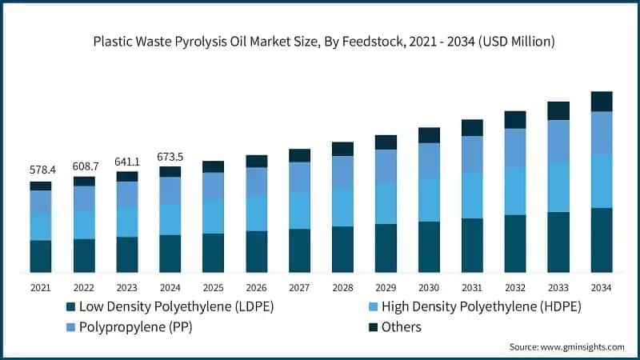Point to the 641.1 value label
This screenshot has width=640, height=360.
pyautogui.click(x=126, y=161)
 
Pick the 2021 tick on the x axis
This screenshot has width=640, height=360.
pyautogui.click(x=40, y=287)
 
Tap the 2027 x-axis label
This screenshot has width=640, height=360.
pyautogui.click(x=299, y=287)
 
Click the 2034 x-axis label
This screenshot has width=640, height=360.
pyautogui.click(x=601, y=287)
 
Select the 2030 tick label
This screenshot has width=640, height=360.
pyautogui.click(x=429, y=287)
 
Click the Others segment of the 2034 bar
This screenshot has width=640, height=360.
pyautogui.click(x=601, y=101)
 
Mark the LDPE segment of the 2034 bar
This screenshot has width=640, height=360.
pyautogui.click(x=601, y=240)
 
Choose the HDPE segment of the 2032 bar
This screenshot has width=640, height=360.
pyautogui.click(x=515, y=190)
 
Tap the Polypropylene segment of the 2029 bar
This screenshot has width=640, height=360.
pyautogui.click(x=386, y=166)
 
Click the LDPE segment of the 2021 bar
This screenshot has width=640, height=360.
pyautogui.click(x=40, y=256)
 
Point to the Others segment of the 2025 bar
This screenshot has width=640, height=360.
pyautogui.click(x=213, y=166)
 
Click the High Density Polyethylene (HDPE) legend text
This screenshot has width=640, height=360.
pyautogui.click(x=481, y=307)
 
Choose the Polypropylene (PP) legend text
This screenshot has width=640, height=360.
pyautogui.click(x=136, y=327)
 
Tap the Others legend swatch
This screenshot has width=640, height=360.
pyautogui.click(x=372, y=327)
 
